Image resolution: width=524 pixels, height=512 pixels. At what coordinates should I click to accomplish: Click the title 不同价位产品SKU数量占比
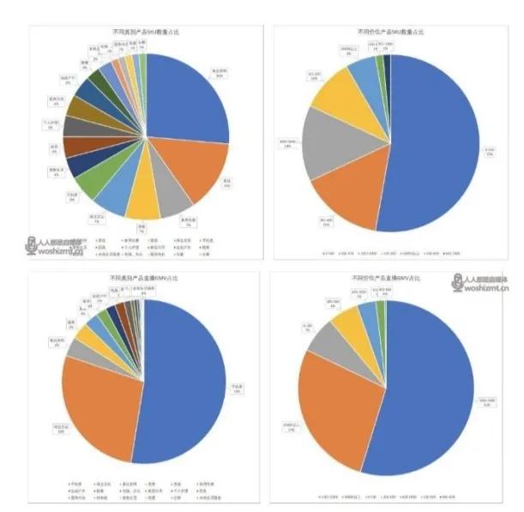(x=388, y=31)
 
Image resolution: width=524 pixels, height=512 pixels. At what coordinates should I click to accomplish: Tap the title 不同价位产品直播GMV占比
(x=388, y=278)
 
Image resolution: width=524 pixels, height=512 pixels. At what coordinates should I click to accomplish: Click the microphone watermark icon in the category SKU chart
(x=33, y=244)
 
